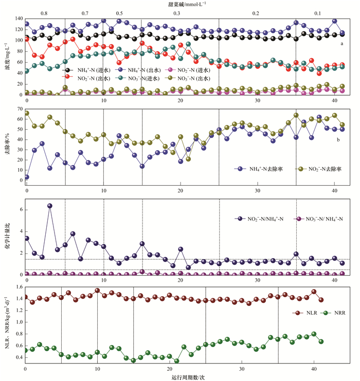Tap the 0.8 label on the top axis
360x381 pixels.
click(x=44, y=12)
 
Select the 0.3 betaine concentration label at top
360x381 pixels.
click(x=177, y=12)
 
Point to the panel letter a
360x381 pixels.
click(x=341, y=44)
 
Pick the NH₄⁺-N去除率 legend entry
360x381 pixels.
click(x=263, y=169)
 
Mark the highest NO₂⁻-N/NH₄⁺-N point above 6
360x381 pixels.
click(x=50, y=206)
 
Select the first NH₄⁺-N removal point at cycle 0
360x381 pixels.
click(x=27, y=177)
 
